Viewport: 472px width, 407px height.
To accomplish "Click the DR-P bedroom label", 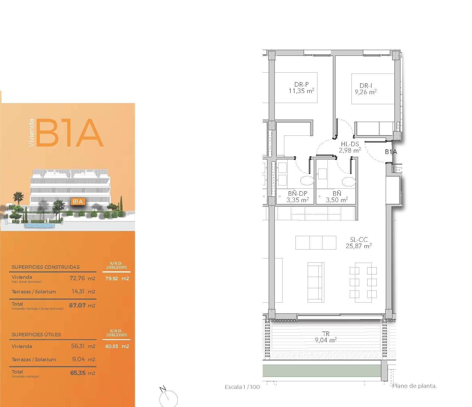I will (301, 85).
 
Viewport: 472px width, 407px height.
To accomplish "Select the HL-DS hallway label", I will (350, 145).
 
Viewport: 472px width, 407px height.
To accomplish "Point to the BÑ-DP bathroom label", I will (298, 194).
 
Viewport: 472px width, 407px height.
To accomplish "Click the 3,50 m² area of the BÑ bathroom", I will (337, 200).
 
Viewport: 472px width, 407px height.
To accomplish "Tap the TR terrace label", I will (326, 334).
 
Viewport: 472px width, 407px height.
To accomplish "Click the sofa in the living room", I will (316, 282).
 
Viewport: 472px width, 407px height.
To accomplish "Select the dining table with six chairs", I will (363, 282).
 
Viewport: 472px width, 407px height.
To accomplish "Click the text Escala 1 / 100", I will (242, 387).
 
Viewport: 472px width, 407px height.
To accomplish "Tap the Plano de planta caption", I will (414, 386).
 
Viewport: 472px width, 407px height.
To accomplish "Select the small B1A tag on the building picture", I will (78, 201).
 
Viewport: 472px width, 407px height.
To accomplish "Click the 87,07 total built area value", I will (77, 305).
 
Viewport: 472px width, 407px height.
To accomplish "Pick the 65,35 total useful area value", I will (78, 373).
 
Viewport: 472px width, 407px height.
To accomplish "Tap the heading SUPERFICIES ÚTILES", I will (36, 334).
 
